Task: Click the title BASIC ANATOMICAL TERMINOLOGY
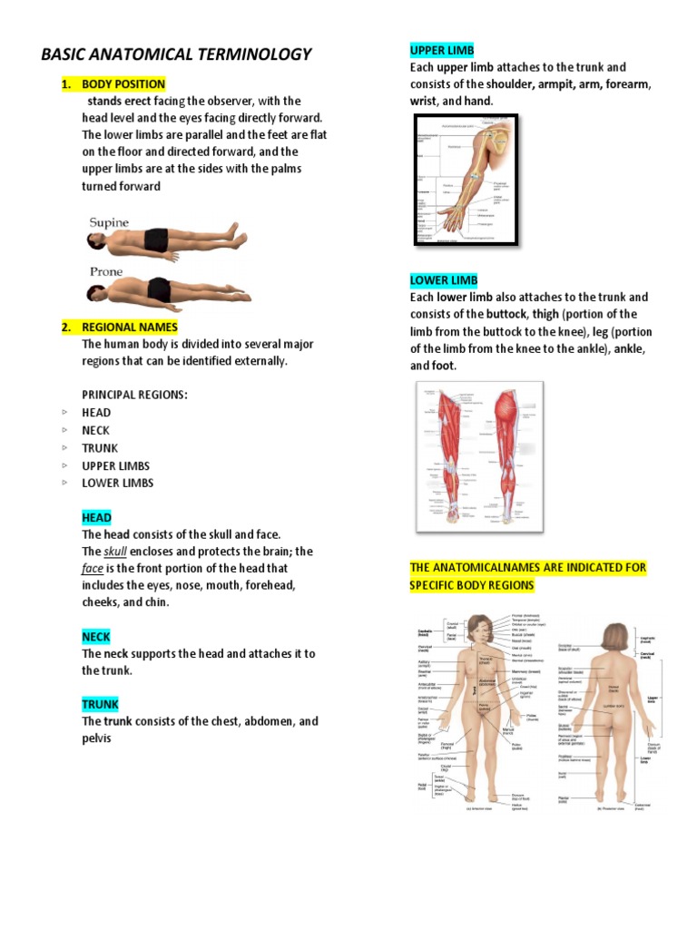pyautogui.click(x=176, y=54)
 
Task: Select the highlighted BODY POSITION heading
pyautogui.click(x=123, y=84)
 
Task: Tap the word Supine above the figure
pyautogui.click(x=109, y=222)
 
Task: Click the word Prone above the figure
pyautogui.click(x=106, y=271)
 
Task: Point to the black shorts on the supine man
pyautogui.click(x=156, y=240)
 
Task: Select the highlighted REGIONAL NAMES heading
pyautogui.click(x=130, y=327)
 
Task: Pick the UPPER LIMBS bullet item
pyautogui.click(x=116, y=465)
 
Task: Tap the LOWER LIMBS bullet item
pyautogui.click(x=118, y=483)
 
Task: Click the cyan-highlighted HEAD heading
pyautogui.click(x=96, y=517)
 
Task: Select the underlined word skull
pyautogui.click(x=115, y=552)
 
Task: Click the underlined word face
pyautogui.click(x=93, y=569)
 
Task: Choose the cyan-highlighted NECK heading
pyautogui.click(x=96, y=637)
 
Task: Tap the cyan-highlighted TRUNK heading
pyautogui.click(x=100, y=704)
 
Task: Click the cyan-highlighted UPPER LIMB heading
pyautogui.click(x=442, y=50)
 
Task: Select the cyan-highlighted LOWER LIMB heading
pyautogui.click(x=444, y=280)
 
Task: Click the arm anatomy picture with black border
pyautogui.click(x=466, y=180)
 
